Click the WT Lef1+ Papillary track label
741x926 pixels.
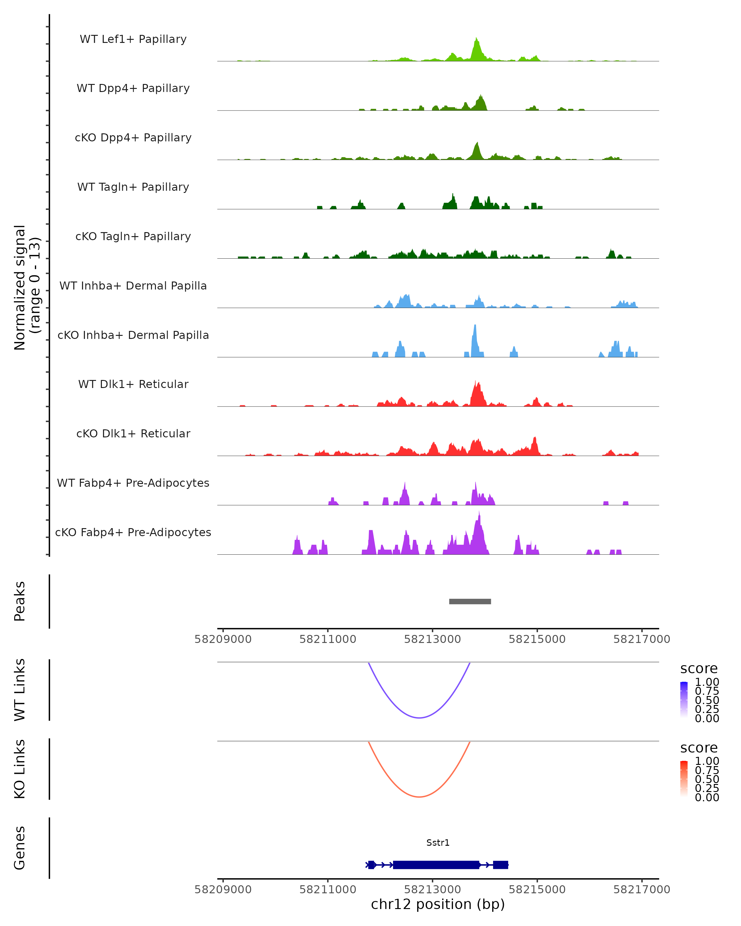coord(133,39)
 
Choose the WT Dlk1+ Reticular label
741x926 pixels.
coord(133,384)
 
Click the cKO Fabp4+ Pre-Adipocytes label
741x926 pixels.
coord(133,532)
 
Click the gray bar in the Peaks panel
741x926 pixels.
coord(470,601)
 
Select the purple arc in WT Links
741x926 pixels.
coord(419,717)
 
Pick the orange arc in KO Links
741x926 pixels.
coord(419,797)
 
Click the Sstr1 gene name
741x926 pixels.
coord(438,843)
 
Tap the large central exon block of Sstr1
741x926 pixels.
coord(436,865)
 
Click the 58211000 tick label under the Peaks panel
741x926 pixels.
coord(328,639)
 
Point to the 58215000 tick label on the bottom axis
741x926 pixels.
coord(537,890)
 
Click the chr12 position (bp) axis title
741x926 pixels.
coord(438,904)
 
